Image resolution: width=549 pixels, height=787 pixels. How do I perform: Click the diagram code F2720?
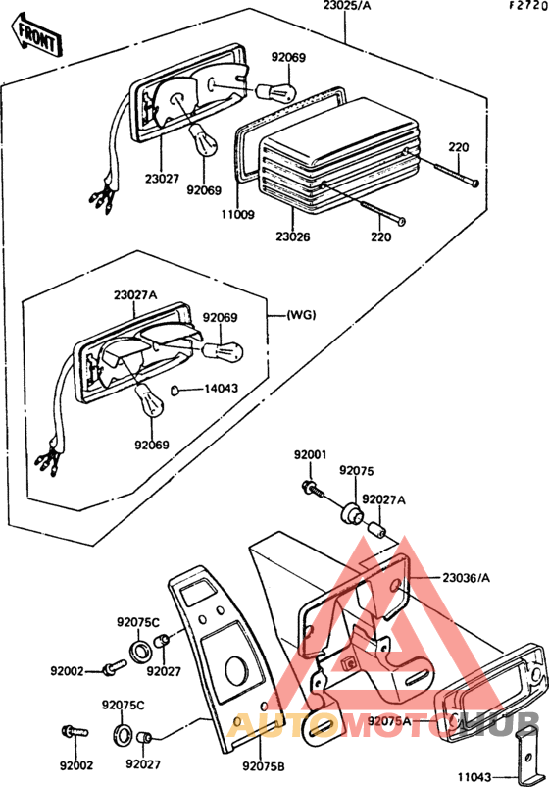tap(528, 6)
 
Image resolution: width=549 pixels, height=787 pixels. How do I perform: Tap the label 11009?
tap(237, 214)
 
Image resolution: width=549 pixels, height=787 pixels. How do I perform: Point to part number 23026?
tap(293, 236)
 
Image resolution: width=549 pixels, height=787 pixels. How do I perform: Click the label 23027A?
tap(135, 295)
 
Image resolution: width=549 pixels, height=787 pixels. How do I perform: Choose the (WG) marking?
tap(301, 315)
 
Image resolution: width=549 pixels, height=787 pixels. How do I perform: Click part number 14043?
tap(222, 389)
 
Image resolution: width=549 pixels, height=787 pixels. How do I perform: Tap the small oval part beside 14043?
tap(175, 390)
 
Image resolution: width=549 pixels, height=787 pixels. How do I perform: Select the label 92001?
tap(310, 455)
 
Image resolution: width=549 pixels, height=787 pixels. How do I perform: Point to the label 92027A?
tap(383, 499)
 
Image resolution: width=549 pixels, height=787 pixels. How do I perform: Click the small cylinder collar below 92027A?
tap(377, 530)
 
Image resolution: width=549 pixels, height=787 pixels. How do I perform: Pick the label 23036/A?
tap(467, 578)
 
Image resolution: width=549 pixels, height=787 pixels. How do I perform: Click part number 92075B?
tap(264, 766)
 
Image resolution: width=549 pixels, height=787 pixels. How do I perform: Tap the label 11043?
tap(474, 777)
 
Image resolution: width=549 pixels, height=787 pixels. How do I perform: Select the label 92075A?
tap(389, 721)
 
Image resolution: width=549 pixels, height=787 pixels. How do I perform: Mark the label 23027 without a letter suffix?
tap(162, 179)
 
